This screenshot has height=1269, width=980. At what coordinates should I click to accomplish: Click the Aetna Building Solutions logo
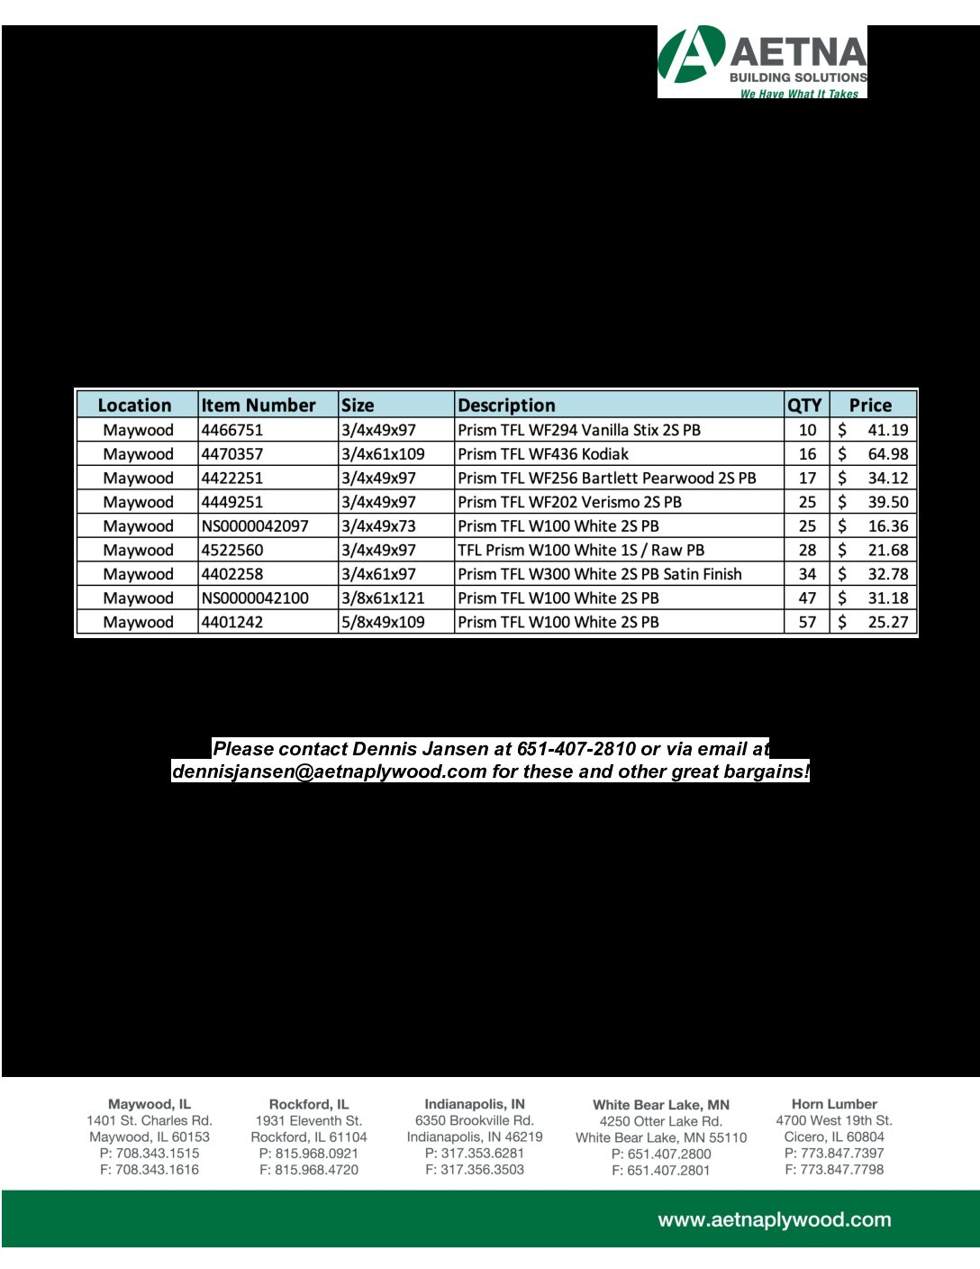[762, 61]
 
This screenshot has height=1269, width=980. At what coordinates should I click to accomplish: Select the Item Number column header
[258, 406]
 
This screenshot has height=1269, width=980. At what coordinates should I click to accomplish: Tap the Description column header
[506, 406]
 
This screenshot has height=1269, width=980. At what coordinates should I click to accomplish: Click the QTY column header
[804, 406]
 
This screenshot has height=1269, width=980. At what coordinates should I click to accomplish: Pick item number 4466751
[232, 430]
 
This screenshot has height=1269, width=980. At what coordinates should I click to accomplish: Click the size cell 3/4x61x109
[383, 454]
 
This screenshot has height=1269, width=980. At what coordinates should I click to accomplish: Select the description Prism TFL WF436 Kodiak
[543, 454]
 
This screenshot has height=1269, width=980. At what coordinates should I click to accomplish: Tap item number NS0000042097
[255, 525]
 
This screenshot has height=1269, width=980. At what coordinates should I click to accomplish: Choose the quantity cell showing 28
[807, 550]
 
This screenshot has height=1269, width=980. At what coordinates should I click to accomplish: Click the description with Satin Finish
[600, 574]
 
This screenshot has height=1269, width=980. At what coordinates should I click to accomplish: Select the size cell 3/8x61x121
[383, 598]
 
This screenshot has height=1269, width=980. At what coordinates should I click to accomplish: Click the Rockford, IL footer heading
[309, 1104]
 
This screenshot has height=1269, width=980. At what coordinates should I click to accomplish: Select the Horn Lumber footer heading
[834, 1104]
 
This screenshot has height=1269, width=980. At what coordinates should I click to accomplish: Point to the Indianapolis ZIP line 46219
[475, 1137]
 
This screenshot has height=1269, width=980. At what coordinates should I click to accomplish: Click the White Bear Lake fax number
[661, 1170]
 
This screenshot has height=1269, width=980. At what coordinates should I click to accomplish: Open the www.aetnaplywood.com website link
[775, 1220]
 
